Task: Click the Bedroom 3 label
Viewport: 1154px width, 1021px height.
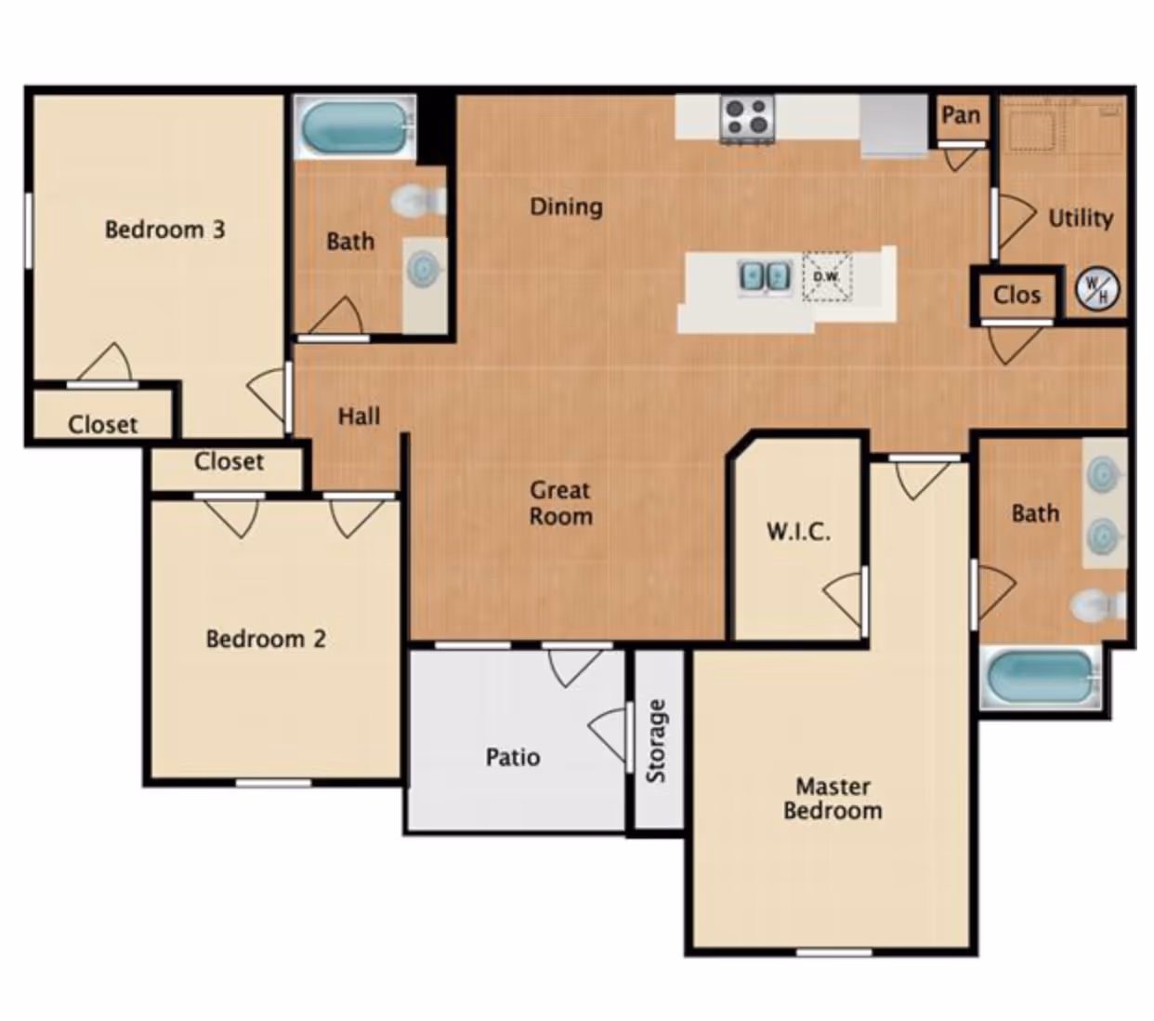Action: [x=164, y=229]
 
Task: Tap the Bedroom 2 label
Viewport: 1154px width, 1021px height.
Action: [x=265, y=639]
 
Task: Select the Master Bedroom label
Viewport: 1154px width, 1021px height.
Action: [x=833, y=799]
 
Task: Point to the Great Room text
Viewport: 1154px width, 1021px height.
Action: [x=560, y=503]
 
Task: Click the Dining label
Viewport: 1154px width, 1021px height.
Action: [x=566, y=206]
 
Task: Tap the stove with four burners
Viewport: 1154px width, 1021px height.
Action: [x=747, y=118]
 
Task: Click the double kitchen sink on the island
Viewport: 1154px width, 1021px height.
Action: [x=764, y=275]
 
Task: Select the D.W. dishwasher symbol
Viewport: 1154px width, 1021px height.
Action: [x=826, y=276]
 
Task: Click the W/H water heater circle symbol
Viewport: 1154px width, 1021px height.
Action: [x=1096, y=289]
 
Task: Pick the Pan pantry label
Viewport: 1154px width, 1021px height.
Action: [x=961, y=115]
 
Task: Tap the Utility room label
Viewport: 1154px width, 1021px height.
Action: [x=1080, y=219]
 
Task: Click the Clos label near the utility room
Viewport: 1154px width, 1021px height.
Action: [x=1016, y=295]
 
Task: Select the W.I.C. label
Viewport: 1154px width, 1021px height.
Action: [x=798, y=532]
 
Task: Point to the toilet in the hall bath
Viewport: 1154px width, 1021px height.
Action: [x=415, y=201]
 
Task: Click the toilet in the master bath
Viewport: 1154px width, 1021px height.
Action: [x=1097, y=607]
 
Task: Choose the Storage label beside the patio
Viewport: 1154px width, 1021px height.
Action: [x=657, y=741]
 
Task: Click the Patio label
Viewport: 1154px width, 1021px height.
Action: [x=512, y=757]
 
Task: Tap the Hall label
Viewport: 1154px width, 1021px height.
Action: [x=359, y=416]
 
